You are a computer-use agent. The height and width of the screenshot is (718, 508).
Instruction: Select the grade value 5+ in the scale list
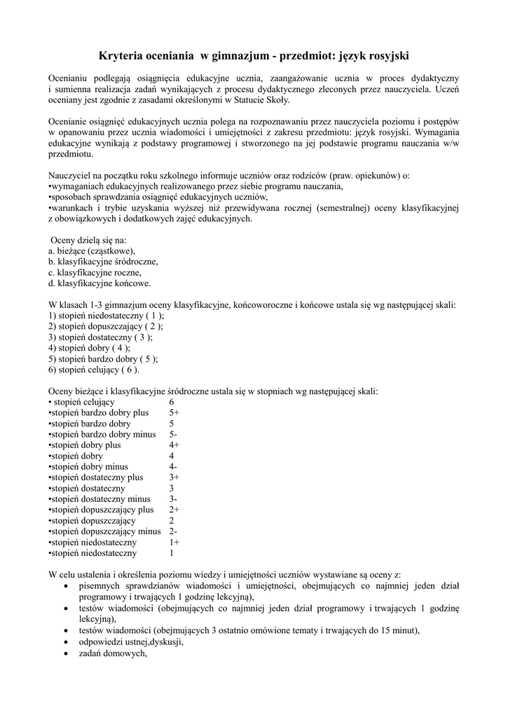pyautogui.click(x=174, y=413)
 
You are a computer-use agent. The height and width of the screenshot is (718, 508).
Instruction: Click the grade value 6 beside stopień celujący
pyautogui.click(x=172, y=402)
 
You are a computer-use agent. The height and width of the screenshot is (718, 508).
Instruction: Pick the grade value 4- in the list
pyautogui.click(x=173, y=466)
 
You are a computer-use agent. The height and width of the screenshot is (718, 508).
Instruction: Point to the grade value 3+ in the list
pyautogui.click(x=174, y=477)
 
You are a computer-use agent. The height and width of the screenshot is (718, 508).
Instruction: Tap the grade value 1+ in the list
pyautogui.click(x=174, y=542)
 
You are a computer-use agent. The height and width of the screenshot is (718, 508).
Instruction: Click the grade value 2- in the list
pyautogui.click(x=173, y=531)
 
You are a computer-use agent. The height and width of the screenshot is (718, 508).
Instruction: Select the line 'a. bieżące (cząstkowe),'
pyautogui.click(x=92, y=250)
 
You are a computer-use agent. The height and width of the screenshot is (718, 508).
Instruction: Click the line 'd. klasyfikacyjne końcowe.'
pyautogui.click(x=99, y=283)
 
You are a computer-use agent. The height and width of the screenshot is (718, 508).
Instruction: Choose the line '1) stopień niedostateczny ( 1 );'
pyautogui.click(x=107, y=316)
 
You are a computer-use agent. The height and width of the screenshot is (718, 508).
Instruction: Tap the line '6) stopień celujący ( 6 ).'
pyautogui.click(x=94, y=370)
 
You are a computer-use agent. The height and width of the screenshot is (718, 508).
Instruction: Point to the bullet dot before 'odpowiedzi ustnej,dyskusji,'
pyautogui.click(x=66, y=642)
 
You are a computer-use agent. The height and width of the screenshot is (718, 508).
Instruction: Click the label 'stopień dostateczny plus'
pyautogui.click(x=97, y=477)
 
